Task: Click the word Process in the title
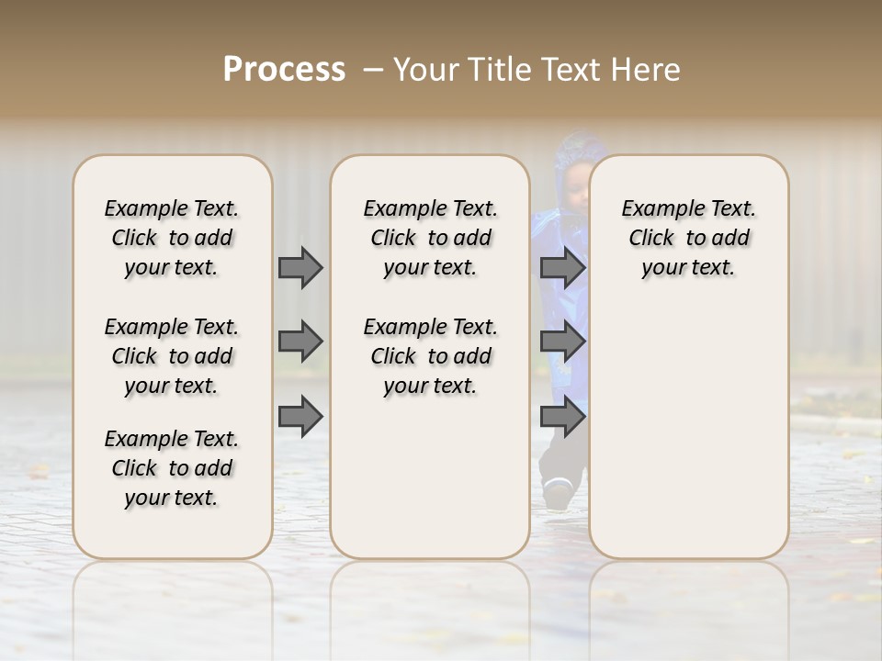[x=284, y=70]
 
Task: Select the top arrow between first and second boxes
[x=300, y=267]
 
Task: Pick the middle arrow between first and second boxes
[x=300, y=342]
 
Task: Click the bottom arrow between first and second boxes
[x=300, y=417]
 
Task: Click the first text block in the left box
[x=172, y=238]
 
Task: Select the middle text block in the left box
[x=172, y=356]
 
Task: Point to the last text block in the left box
[x=172, y=468]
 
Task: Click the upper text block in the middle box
[x=430, y=238]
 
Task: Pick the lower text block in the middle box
[x=430, y=356]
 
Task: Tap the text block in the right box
[x=688, y=238]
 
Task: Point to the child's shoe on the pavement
[x=557, y=495]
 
